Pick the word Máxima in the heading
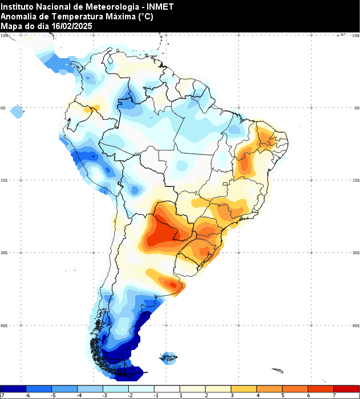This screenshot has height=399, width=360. coord(122,17)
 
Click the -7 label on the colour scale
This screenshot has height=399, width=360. coord(3,394)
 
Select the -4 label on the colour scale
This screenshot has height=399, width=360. coord(80,394)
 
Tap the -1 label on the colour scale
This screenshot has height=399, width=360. coord(156,394)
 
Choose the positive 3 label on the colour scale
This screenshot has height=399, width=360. coord(232,394)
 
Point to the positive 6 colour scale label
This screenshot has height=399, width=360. coord(309,394)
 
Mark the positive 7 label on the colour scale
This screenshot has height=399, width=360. coord(334,394)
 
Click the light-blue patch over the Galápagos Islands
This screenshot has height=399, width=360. coord(17,112)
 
